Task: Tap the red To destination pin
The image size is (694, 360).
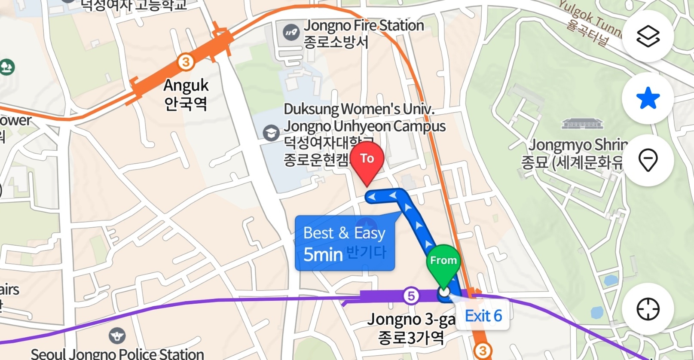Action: [x=367, y=160]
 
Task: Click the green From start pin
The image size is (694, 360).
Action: [x=443, y=261]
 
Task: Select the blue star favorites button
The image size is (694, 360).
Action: [x=648, y=98]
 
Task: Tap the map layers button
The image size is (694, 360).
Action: [x=648, y=36]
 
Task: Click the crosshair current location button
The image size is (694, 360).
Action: [x=648, y=309]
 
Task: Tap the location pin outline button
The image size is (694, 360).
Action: [x=648, y=160]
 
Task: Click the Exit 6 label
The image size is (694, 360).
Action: [x=483, y=316]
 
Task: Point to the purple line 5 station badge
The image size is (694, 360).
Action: [x=411, y=296]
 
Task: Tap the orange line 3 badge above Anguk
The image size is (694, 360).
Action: [x=186, y=62]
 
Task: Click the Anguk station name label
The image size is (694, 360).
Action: [x=186, y=94]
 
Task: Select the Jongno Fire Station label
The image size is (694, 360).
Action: [x=363, y=34]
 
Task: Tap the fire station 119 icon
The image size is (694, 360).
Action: [x=291, y=32]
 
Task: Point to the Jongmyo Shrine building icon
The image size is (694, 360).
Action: [x=582, y=124]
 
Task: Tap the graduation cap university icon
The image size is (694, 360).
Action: [x=271, y=133]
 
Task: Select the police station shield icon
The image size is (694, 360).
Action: [x=117, y=336]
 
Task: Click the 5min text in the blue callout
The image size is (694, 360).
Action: [x=323, y=254]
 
